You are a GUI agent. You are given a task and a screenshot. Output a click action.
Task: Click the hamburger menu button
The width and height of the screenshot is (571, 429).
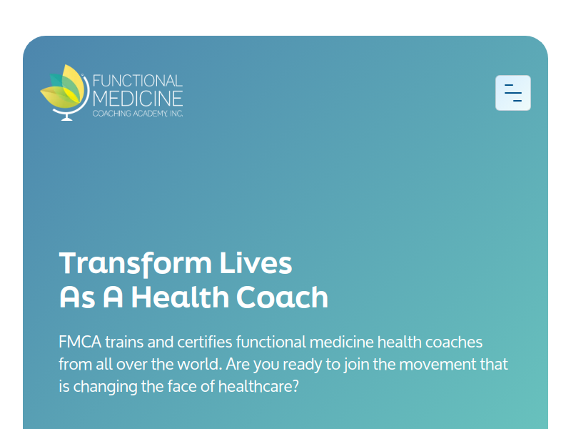tap(512, 93)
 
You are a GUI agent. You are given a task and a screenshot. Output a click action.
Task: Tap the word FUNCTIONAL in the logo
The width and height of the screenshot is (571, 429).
tap(138, 81)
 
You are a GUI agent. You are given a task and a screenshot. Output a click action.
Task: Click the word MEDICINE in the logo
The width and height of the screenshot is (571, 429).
tap(138, 99)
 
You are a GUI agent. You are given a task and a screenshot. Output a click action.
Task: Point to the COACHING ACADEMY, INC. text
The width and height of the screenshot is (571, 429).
tap(138, 114)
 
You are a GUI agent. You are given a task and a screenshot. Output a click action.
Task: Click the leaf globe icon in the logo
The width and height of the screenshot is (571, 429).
tap(65, 93)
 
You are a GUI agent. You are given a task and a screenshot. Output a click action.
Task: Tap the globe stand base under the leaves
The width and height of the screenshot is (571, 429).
tap(66, 117)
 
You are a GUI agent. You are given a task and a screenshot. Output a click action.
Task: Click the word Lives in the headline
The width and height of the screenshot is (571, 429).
tap(256, 262)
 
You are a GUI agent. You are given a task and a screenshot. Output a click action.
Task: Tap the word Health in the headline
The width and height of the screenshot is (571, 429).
tap(180, 297)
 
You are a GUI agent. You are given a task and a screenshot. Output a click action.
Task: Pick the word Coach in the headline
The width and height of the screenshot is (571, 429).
tap(282, 297)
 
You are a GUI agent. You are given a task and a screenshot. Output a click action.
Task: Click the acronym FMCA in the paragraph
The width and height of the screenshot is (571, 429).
tap(80, 342)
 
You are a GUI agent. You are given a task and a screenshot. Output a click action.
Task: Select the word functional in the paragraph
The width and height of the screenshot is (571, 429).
tap(271, 342)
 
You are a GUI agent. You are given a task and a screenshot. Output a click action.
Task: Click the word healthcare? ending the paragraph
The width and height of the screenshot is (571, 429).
tap(258, 386)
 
